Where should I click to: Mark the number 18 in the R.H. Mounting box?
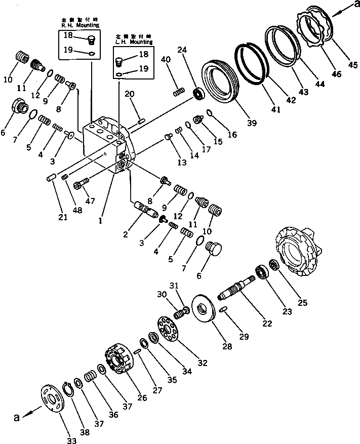pos(67,35)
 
